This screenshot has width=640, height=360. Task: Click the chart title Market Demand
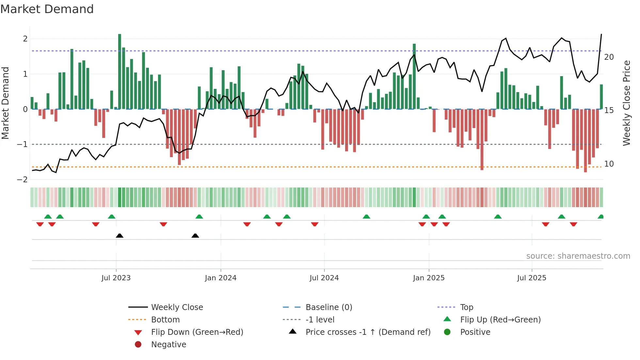coord(47,9)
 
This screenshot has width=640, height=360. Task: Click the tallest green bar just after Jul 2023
coord(120,72)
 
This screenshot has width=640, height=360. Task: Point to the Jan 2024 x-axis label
coord(220,278)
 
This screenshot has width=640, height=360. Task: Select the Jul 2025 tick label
coord(532,278)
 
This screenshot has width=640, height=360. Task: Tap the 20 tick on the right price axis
coord(609,57)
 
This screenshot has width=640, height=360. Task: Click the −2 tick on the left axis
coord(22,180)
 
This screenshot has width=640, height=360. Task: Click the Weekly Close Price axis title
coord(627,103)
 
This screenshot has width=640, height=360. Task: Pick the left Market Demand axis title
coord(5,103)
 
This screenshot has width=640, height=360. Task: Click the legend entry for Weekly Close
coord(177,307)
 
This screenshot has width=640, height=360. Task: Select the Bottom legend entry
coord(165,320)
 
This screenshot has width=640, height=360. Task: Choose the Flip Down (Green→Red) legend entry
coord(197,332)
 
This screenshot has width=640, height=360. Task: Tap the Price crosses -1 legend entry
coord(368,332)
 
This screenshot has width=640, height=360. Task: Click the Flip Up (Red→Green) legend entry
coord(500,320)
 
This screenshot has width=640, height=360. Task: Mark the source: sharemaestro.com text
coord(578,256)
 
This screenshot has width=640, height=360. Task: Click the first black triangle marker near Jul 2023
coord(120,236)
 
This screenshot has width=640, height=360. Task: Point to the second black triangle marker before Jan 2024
coord(195,236)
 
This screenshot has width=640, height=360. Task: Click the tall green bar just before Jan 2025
coord(414,77)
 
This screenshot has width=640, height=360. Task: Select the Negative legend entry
coord(168,345)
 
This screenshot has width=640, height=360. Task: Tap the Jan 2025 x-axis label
coord(428,278)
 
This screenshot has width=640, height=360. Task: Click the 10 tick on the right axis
coord(609,164)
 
